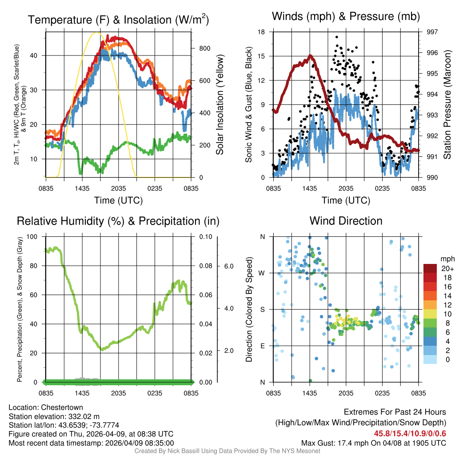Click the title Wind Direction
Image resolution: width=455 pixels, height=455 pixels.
346,221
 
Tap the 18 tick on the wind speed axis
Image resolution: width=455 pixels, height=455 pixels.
261,32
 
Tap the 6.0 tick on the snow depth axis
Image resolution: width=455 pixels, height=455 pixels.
228,266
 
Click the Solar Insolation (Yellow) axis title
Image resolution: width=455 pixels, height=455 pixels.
220,105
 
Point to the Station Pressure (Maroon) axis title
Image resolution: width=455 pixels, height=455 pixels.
447,105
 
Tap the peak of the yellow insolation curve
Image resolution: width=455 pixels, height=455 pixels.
96,32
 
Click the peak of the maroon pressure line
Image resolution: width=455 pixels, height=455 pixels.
310,56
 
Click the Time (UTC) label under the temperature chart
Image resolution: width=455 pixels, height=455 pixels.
118,200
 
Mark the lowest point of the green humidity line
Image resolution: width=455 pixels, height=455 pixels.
102,350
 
